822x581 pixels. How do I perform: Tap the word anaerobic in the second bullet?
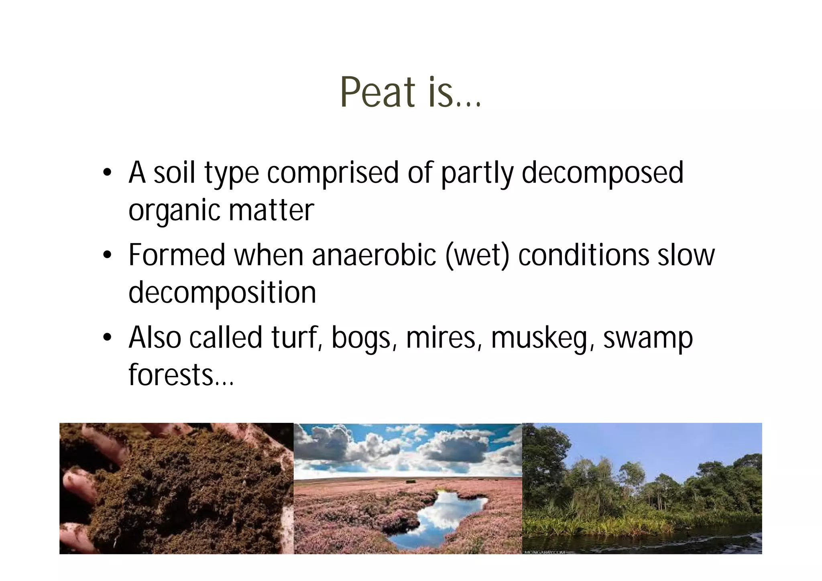374,255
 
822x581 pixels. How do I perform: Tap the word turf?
297,338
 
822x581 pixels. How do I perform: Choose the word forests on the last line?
171,375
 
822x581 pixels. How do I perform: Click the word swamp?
648,338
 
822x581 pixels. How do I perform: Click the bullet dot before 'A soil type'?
107,173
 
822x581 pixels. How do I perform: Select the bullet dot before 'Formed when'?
107,255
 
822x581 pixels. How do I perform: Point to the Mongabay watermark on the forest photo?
545,553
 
